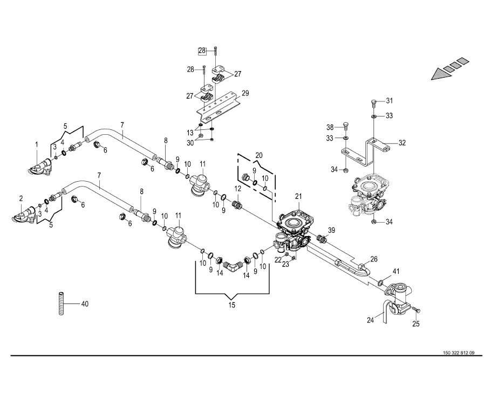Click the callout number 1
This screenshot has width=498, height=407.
click(x=37, y=144)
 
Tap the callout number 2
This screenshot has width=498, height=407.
click(x=21, y=198)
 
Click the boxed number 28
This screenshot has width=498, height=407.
click(x=202, y=51)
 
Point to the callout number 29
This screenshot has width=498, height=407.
click(x=245, y=93)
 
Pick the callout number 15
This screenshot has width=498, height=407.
click(x=231, y=305)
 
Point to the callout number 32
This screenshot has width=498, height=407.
click(x=402, y=143)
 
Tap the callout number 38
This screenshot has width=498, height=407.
click(x=329, y=127)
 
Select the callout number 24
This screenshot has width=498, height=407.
click(x=370, y=320)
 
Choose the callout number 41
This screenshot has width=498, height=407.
click(x=395, y=271)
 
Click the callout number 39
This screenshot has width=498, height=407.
click(x=331, y=230)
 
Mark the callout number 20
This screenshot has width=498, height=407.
click(x=258, y=155)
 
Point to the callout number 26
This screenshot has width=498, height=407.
click(x=373, y=259)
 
